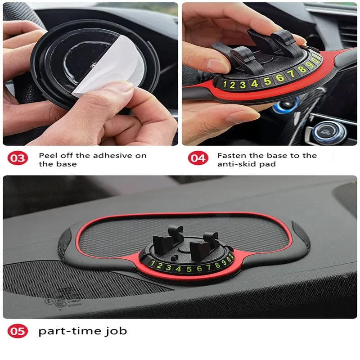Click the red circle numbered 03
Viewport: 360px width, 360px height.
18,158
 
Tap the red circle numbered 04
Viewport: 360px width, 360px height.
197,158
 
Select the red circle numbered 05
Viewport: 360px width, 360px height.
18,332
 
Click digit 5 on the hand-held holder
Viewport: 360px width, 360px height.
267,81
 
